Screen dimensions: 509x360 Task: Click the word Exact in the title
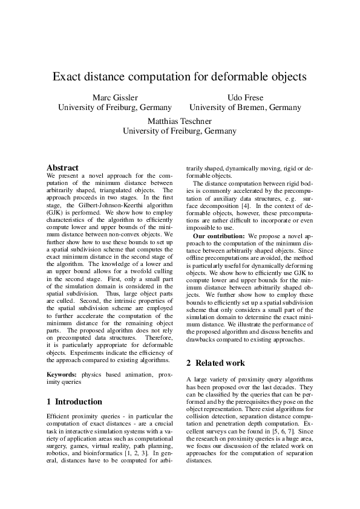pyautogui.click(x=67, y=77)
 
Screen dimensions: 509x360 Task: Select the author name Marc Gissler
pyautogui.click(x=114, y=97)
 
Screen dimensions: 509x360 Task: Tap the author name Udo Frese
pyautogui.click(x=245, y=97)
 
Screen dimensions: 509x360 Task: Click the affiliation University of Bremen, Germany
pyautogui.click(x=245, y=108)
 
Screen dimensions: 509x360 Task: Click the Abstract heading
pyautogui.click(x=63, y=167)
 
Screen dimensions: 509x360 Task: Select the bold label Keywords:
pyautogui.click(x=62, y=375)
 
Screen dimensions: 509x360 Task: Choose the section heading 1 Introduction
pyautogui.click(x=74, y=401)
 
